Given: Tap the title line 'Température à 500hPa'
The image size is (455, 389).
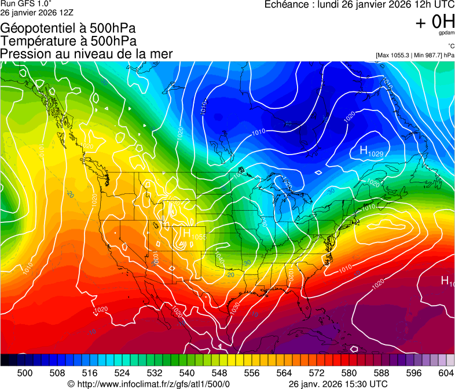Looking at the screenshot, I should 68,41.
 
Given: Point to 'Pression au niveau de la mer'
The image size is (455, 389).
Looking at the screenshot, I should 86,54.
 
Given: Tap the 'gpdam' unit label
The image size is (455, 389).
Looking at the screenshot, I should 446,34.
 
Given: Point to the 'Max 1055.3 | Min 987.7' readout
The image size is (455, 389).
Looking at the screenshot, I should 414,55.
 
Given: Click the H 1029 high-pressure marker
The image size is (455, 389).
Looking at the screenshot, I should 371,152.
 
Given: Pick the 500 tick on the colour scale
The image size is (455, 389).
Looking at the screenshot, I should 25,373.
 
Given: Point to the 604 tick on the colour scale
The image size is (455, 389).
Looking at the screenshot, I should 446,373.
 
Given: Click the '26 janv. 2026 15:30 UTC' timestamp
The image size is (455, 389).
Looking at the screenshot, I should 338,384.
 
